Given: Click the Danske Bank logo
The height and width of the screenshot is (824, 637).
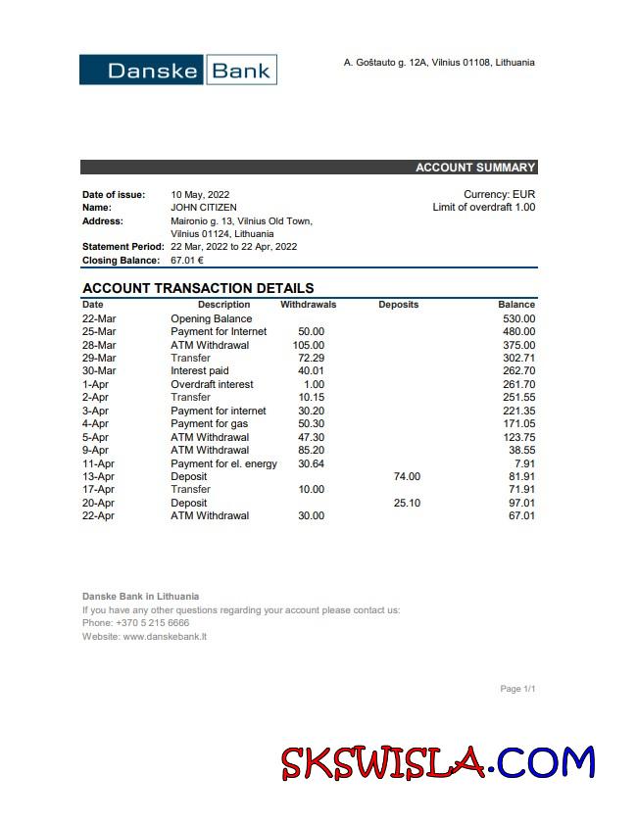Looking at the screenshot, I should [x=178, y=70].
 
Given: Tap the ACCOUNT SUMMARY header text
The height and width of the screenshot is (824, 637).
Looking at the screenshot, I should [x=475, y=168].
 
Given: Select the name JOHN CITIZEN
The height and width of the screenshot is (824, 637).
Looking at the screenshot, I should [x=204, y=208].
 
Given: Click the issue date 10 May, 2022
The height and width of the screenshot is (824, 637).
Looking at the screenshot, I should [x=200, y=195].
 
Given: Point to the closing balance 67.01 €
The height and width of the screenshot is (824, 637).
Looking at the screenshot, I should [x=187, y=261].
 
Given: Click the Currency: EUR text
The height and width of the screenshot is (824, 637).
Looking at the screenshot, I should [x=499, y=195].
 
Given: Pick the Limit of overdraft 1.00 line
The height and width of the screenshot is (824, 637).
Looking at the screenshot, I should [x=484, y=208].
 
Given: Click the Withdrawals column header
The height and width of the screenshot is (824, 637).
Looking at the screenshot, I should [x=308, y=305].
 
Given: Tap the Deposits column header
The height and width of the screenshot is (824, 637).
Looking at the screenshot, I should [x=398, y=305].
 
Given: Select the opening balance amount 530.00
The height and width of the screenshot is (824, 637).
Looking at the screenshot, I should [x=518, y=318].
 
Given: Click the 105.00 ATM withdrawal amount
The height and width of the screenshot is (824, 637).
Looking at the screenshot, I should [x=309, y=345].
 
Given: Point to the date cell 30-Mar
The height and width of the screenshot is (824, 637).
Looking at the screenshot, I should [x=99, y=371].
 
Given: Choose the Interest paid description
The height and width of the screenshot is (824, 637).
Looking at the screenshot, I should [x=200, y=371].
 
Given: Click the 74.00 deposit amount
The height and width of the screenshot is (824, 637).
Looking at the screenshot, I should [x=407, y=476].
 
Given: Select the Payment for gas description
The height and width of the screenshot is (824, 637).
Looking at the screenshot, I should [x=210, y=424].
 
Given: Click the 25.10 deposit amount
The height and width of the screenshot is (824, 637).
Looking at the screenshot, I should [x=407, y=503].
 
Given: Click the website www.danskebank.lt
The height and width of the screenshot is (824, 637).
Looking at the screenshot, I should [x=165, y=637].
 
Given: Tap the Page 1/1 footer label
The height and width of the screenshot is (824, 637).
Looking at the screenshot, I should [x=517, y=689].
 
